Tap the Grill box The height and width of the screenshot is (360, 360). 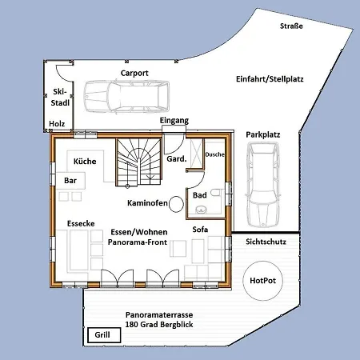102,334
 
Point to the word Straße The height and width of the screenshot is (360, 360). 291,26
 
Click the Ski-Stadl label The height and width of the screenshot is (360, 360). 58,98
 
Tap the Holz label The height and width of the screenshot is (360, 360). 57,123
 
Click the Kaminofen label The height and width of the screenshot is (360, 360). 146,204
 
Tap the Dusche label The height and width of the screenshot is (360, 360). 214,154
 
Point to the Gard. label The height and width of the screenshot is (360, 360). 176,159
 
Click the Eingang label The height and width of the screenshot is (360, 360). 174,121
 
